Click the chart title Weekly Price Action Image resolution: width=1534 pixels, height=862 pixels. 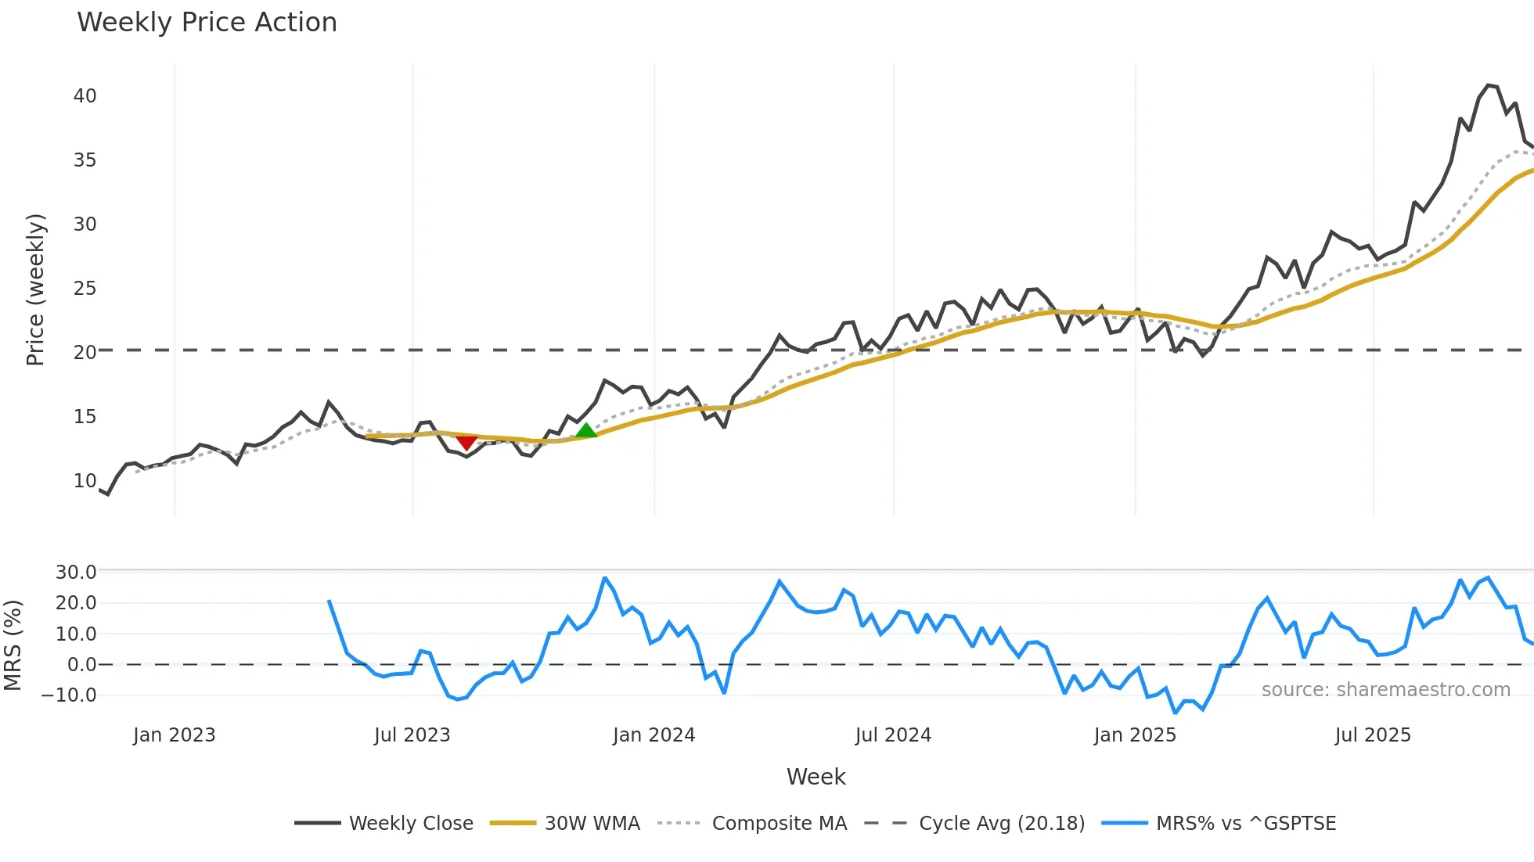207,23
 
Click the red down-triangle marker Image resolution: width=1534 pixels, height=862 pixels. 466,443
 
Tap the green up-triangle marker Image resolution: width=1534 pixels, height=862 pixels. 586,430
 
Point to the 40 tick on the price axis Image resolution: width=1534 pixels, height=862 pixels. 85,96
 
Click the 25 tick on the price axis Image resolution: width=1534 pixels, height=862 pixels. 85,289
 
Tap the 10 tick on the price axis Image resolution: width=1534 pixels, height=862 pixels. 85,481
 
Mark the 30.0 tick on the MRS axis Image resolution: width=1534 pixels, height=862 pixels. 76,573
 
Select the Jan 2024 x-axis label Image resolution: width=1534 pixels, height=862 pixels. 654,735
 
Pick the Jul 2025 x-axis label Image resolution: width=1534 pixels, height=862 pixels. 1373,735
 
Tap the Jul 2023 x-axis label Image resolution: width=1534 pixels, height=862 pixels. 412,735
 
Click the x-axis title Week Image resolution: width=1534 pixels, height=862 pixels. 816,777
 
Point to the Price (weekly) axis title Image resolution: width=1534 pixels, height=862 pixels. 36,289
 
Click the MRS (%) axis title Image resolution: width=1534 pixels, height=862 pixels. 13,645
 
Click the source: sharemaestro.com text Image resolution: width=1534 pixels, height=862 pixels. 1385,690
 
